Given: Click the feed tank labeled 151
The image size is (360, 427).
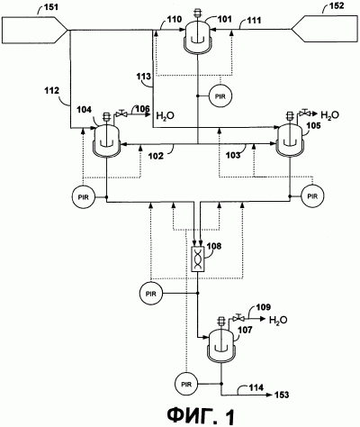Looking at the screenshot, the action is [33, 30].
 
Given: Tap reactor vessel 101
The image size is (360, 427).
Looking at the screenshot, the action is [197, 36].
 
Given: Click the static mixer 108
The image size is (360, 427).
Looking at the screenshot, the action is [197, 259].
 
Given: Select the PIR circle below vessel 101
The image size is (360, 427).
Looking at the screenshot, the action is [220, 96].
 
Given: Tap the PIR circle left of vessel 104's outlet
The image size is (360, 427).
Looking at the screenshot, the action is [83, 197].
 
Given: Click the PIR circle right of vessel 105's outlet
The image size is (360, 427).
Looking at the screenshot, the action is [312, 196].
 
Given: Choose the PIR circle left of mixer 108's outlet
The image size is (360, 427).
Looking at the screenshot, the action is [151, 294].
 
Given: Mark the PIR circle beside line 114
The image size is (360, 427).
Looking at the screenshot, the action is [186, 384].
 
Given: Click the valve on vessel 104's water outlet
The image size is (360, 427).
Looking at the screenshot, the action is [121, 114].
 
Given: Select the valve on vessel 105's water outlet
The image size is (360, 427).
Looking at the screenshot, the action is [305, 113].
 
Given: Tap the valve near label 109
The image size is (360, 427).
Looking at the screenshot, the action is [238, 318].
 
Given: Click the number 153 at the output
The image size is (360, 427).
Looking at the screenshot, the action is [281, 395].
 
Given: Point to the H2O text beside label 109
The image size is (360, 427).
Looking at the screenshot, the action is [278, 320].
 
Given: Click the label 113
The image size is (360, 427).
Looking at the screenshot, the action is [143, 77].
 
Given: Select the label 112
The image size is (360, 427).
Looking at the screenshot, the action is [52, 90].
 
